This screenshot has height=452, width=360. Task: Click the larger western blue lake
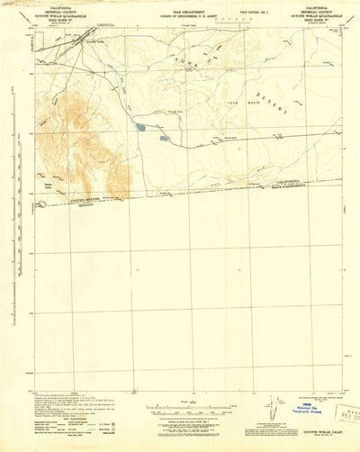tap(141, 128)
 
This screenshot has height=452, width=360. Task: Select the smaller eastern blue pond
tap(164, 138)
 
